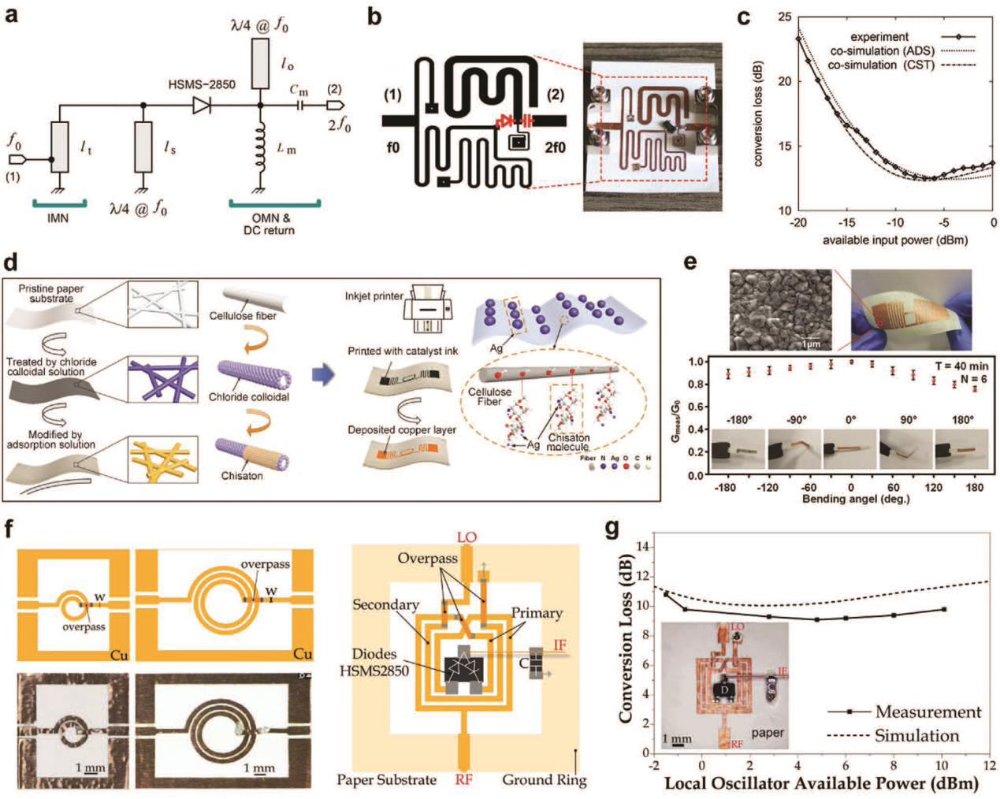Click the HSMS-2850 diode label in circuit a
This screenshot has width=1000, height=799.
(202, 84)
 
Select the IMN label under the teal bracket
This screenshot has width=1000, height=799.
(57, 217)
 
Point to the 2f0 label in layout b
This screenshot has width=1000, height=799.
(554, 147)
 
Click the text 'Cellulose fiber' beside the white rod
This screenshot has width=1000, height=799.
(242, 316)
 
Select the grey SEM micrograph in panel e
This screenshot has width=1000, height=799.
(780, 310)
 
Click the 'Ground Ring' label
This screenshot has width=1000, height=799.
(545, 780)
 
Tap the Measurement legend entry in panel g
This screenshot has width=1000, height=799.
(928, 712)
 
